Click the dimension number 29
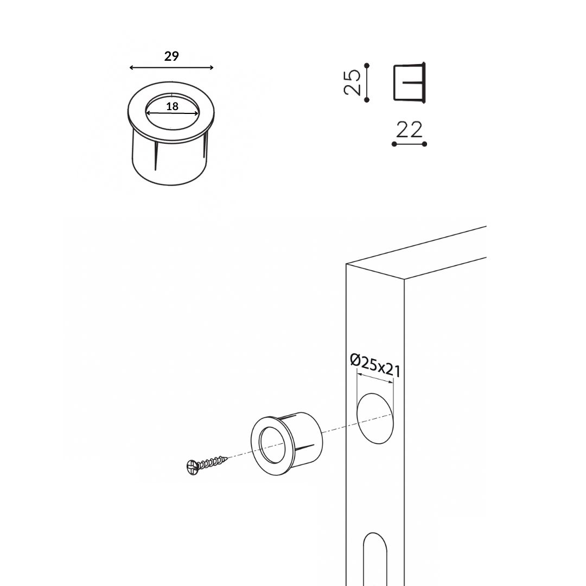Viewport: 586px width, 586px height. (x=171, y=56)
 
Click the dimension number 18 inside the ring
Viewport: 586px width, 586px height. (x=172, y=106)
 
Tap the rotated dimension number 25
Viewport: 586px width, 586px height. (x=352, y=82)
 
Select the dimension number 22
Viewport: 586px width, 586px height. (x=409, y=130)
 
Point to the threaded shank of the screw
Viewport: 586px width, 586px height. (x=212, y=462)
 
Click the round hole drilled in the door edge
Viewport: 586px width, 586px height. (x=375, y=418)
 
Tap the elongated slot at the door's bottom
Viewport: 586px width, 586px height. (x=375, y=559)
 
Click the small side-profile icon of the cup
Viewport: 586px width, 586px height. (x=410, y=82)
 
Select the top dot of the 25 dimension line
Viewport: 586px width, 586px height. (x=367, y=66)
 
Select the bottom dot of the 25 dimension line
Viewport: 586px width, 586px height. (x=367, y=100)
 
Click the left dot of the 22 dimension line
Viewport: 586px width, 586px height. (x=394, y=144)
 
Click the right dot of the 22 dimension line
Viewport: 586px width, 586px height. (x=424, y=144)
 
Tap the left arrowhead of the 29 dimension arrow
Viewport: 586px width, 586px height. (x=131, y=68)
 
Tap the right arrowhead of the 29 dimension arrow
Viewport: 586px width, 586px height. (x=211, y=68)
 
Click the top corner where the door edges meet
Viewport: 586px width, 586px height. (x=346, y=264)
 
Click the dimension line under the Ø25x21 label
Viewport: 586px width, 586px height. (x=375, y=378)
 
